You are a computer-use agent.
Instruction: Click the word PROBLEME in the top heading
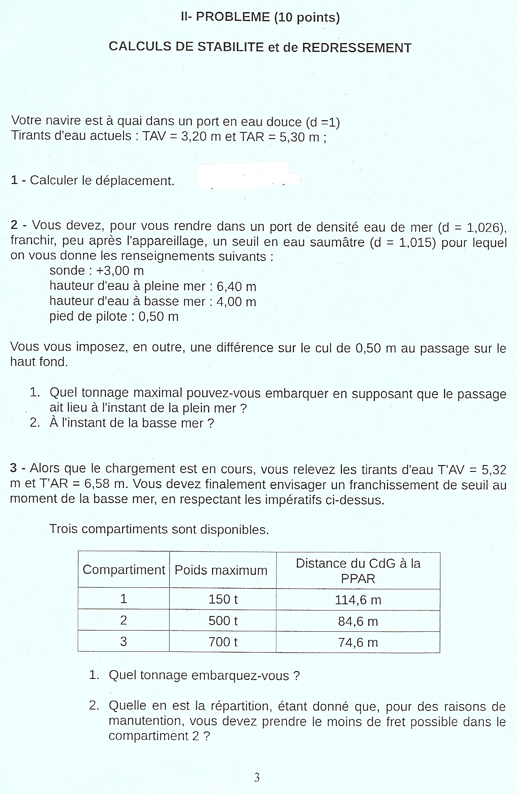[233, 17]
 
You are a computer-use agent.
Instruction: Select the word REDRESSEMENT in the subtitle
[356, 48]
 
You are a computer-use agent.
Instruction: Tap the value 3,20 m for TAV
[201, 136]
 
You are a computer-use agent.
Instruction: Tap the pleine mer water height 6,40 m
[236, 286]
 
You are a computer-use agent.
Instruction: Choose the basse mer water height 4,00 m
[236, 302]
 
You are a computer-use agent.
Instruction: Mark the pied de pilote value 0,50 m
[158, 317]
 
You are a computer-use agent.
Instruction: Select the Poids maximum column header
[221, 570]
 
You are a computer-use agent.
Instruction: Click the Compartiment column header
[124, 570]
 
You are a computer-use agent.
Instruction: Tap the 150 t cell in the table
[223, 599]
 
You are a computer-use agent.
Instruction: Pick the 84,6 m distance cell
[358, 621]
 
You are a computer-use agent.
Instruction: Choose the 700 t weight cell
[223, 642]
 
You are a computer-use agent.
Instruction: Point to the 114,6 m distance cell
[358, 600]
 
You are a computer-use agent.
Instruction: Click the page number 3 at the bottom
[257, 777]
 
